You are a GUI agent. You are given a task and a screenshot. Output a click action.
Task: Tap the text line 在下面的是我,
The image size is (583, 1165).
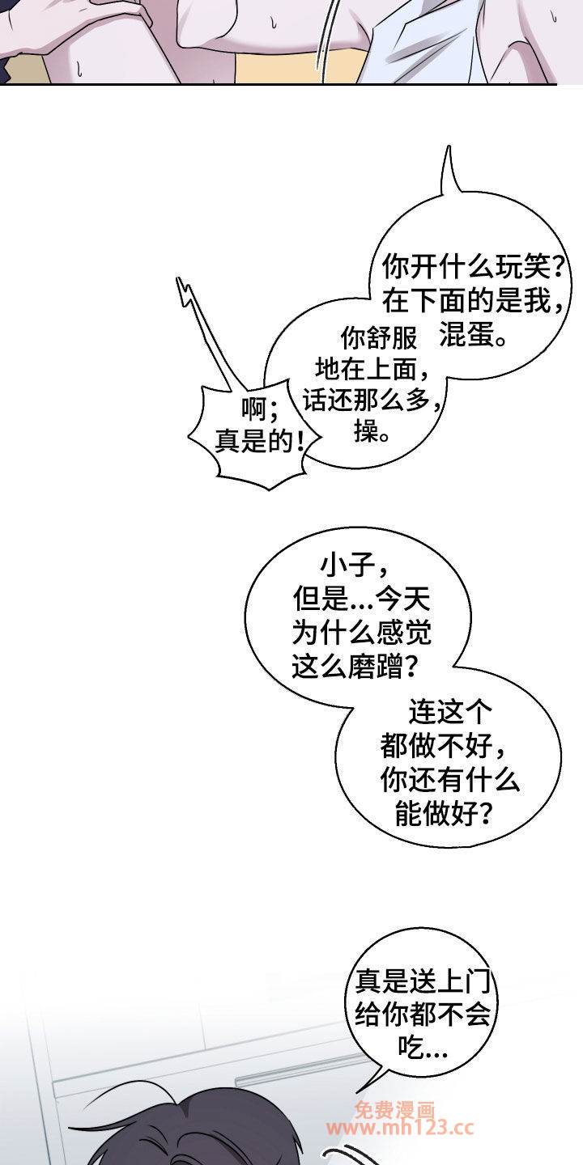[x=473, y=301]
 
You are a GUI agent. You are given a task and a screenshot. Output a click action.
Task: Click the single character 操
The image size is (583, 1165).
[x=365, y=430]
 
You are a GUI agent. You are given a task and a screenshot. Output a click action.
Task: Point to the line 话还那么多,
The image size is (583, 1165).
[x=374, y=400]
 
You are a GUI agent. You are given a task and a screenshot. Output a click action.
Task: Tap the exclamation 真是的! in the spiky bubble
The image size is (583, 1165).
[x=260, y=443]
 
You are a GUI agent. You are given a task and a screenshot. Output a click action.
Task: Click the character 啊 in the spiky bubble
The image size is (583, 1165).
[x=254, y=410]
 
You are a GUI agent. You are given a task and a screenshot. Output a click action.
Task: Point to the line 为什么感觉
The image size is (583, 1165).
[x=362, y=633]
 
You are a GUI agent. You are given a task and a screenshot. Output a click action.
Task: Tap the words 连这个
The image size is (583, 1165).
[x=449, y=712]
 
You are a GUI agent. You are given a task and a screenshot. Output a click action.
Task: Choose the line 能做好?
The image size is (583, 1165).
[x=442, y=813]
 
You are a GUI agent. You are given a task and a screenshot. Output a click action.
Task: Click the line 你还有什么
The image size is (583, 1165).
[x=449, y=779]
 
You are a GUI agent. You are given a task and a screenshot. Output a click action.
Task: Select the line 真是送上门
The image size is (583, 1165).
[x=423, y=981]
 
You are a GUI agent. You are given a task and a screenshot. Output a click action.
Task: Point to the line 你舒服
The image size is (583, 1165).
[x=379, y=337]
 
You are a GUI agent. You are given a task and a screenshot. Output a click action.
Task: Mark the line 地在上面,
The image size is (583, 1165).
[x=374, y=369]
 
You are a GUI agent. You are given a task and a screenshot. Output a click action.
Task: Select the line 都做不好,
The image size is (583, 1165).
[x=442, y=746]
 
